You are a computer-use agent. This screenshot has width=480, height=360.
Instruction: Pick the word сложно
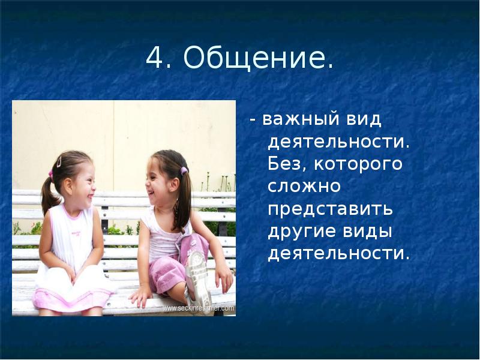tap(304, 186)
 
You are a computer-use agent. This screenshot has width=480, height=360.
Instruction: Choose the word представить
tap(331, 208)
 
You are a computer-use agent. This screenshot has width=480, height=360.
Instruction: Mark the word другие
tap(302, 230)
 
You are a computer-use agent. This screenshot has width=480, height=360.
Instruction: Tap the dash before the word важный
tap(253, 119)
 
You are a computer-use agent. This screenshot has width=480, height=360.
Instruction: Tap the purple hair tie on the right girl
tap(184, 170)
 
